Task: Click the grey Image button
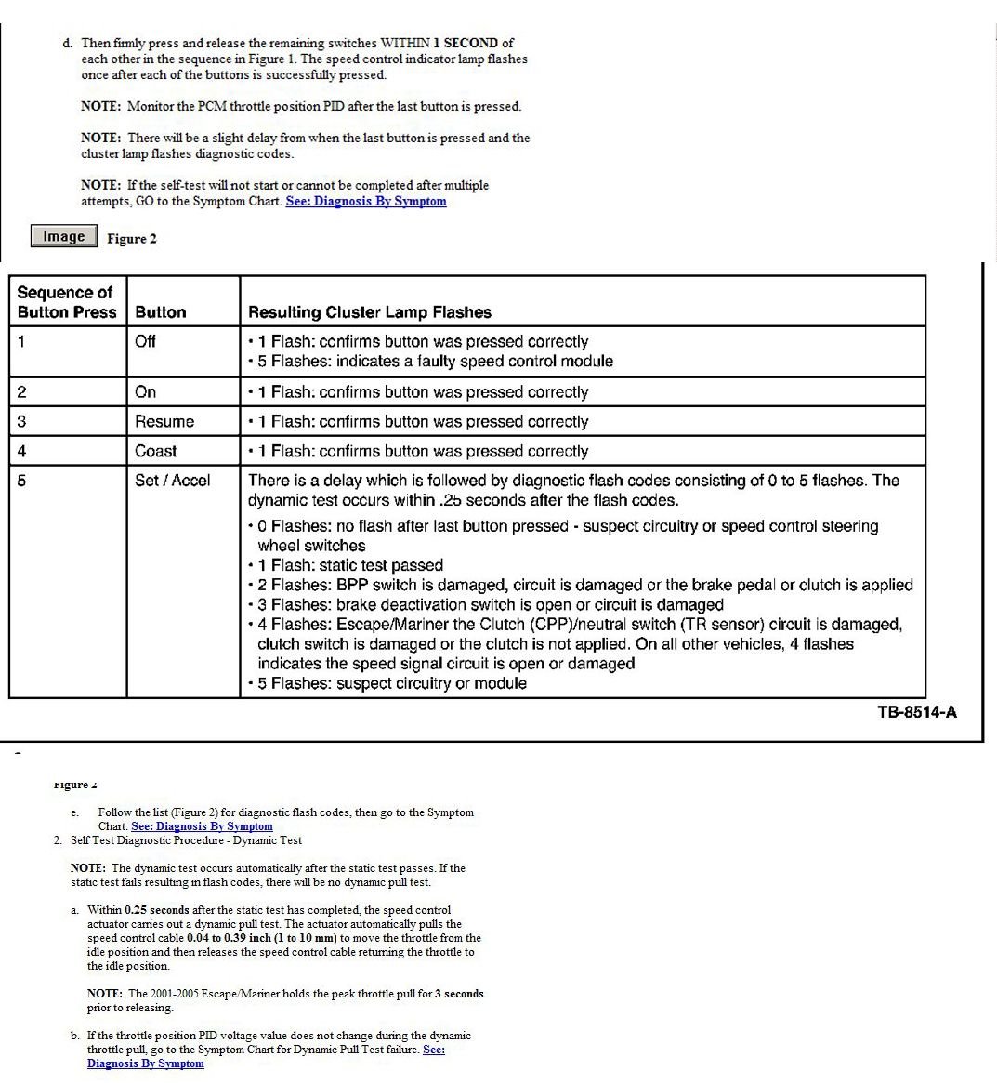(x=63, y=236)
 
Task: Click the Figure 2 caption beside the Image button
(x=132, y=239)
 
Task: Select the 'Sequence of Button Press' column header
(x=67, y=302)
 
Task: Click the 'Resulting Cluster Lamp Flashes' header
(x=369, y=312)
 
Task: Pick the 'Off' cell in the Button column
(x=145, y=341)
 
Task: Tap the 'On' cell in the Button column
(x=145, y=391)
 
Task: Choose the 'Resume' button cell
(x=164, y=421)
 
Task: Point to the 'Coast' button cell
(x=155, y=451)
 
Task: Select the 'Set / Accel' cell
(x=172, y=481)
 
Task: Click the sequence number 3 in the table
(x=21, y=421)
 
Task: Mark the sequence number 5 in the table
(x=21, y=481)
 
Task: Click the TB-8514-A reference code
(x=916, y=713)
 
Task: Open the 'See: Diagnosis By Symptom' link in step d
(x=366, y=201)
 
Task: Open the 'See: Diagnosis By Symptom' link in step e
(x=202, y=826)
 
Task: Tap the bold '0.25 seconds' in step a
(x=156, y=910)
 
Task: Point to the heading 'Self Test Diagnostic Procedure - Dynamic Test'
(x=186, y=840)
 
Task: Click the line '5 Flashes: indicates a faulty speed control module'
(x=435, y=361)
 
